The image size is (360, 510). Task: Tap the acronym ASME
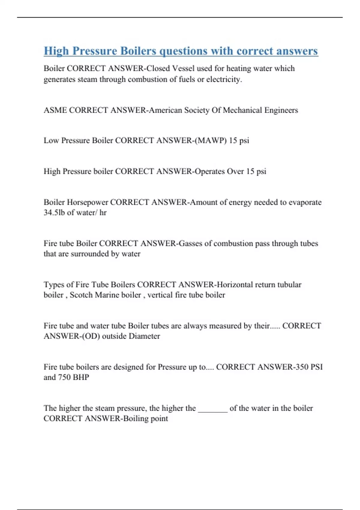[x=55, y=110]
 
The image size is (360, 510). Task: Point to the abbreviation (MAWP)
[x=211, y=141]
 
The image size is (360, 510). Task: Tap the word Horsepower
[x=87, y=202]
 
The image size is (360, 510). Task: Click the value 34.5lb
[x=54, y=213]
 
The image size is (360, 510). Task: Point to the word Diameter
[x=144, y=336]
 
